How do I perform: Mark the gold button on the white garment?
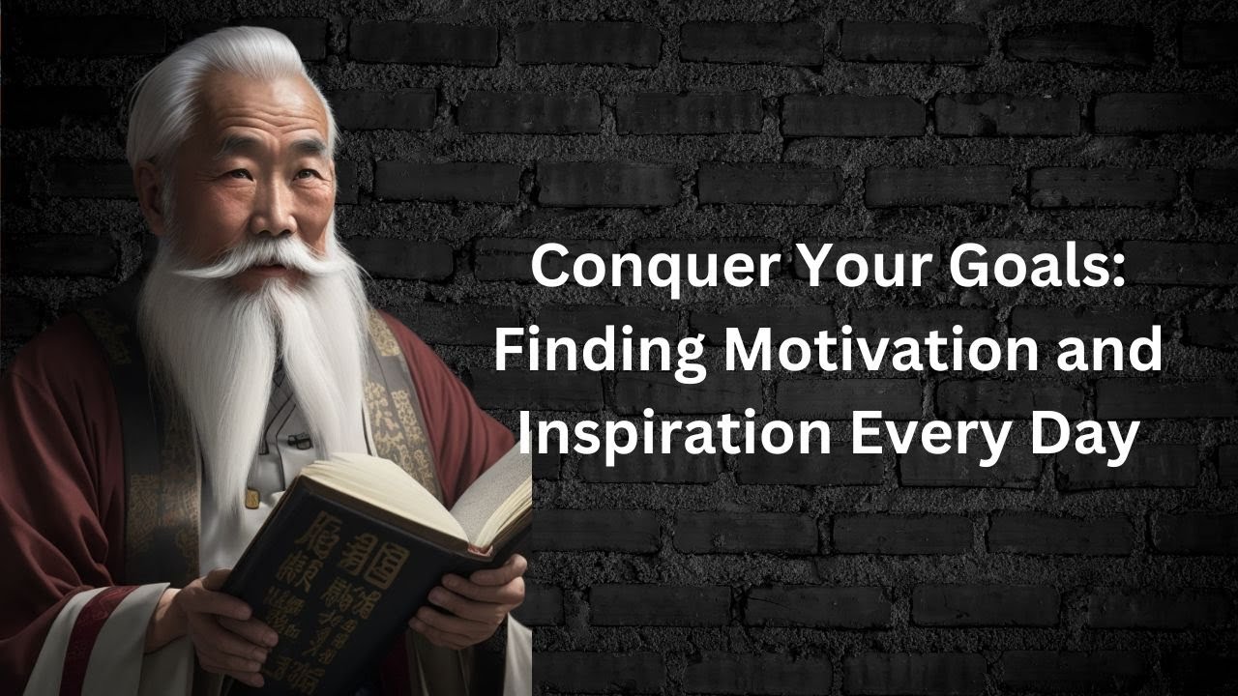253,497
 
